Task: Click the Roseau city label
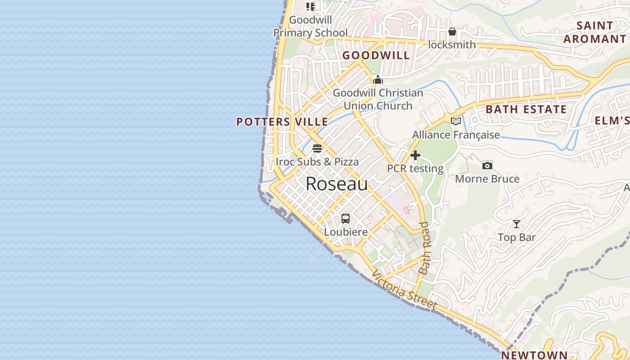(x=337, y=184)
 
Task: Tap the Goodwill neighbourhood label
(x=376, y=55)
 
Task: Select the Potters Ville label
(x=282, y=122)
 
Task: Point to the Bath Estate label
(x=526, y=109)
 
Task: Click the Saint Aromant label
(x=595, y=32)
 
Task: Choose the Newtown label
(x=534, y=355)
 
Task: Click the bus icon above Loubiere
(x=346, y=219)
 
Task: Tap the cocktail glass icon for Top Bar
(x=517, y=224)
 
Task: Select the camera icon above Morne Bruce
(x=487, y=166)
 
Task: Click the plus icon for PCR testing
(x=415, y=156)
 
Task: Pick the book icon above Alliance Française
(x=456, y=121)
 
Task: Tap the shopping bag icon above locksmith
(x=452, y=31)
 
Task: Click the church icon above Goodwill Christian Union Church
(x=378, y=80)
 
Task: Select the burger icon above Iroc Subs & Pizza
(x=317, y=148)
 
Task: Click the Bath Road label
(x=424, y=248)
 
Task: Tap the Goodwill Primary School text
(x=310, y=27)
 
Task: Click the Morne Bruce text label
(x=487, y=179)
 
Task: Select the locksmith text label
(x=452, y=45)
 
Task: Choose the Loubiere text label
(x=346, y=232)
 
